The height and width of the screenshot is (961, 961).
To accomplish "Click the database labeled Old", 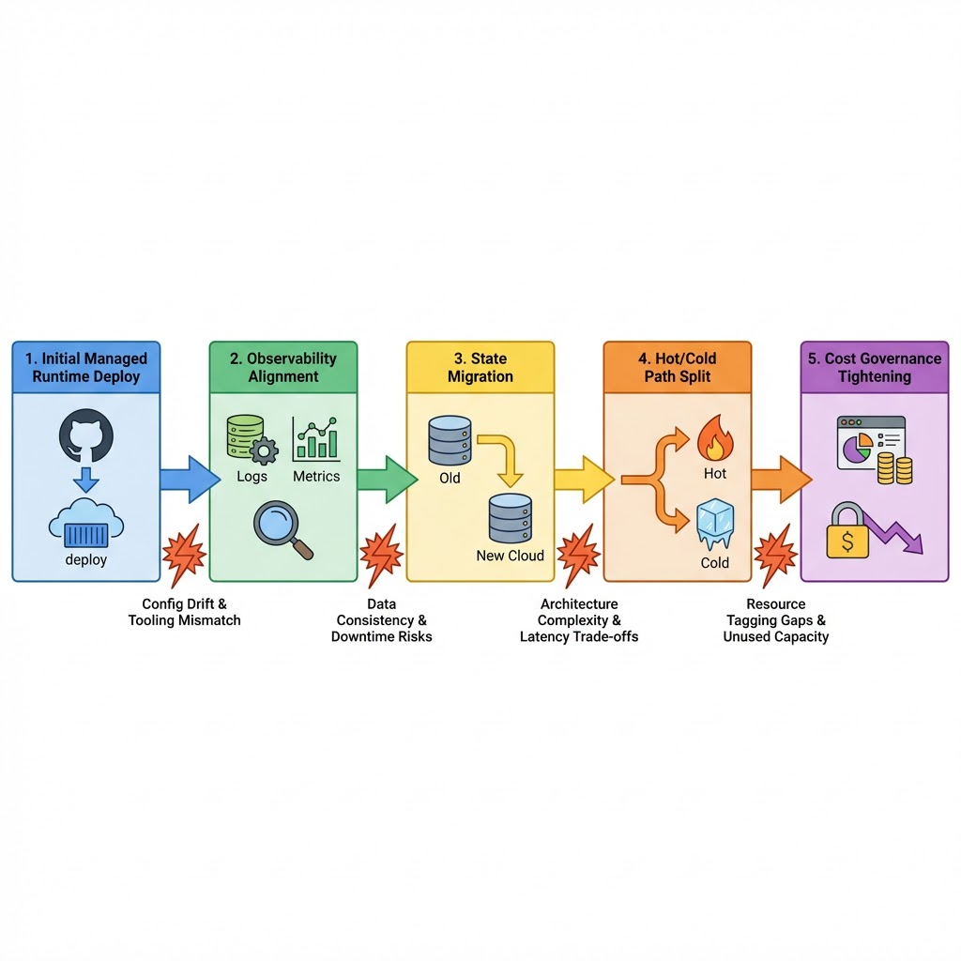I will click(450, 441).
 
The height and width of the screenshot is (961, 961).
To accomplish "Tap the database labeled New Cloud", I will click(510, 519).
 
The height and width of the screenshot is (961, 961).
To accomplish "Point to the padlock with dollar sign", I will click(847, 532).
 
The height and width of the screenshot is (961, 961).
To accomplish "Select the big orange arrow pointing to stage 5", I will click(779, 479).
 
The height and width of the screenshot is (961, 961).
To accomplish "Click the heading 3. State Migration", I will click(480, 367).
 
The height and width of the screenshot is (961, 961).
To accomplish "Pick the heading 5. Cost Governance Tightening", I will click(874, 367).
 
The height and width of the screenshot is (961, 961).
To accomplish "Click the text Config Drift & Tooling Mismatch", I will click(184, 612).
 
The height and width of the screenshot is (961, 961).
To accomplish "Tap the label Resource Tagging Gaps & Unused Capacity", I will click(775, 620).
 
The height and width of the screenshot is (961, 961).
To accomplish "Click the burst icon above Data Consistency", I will click(381, 556).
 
